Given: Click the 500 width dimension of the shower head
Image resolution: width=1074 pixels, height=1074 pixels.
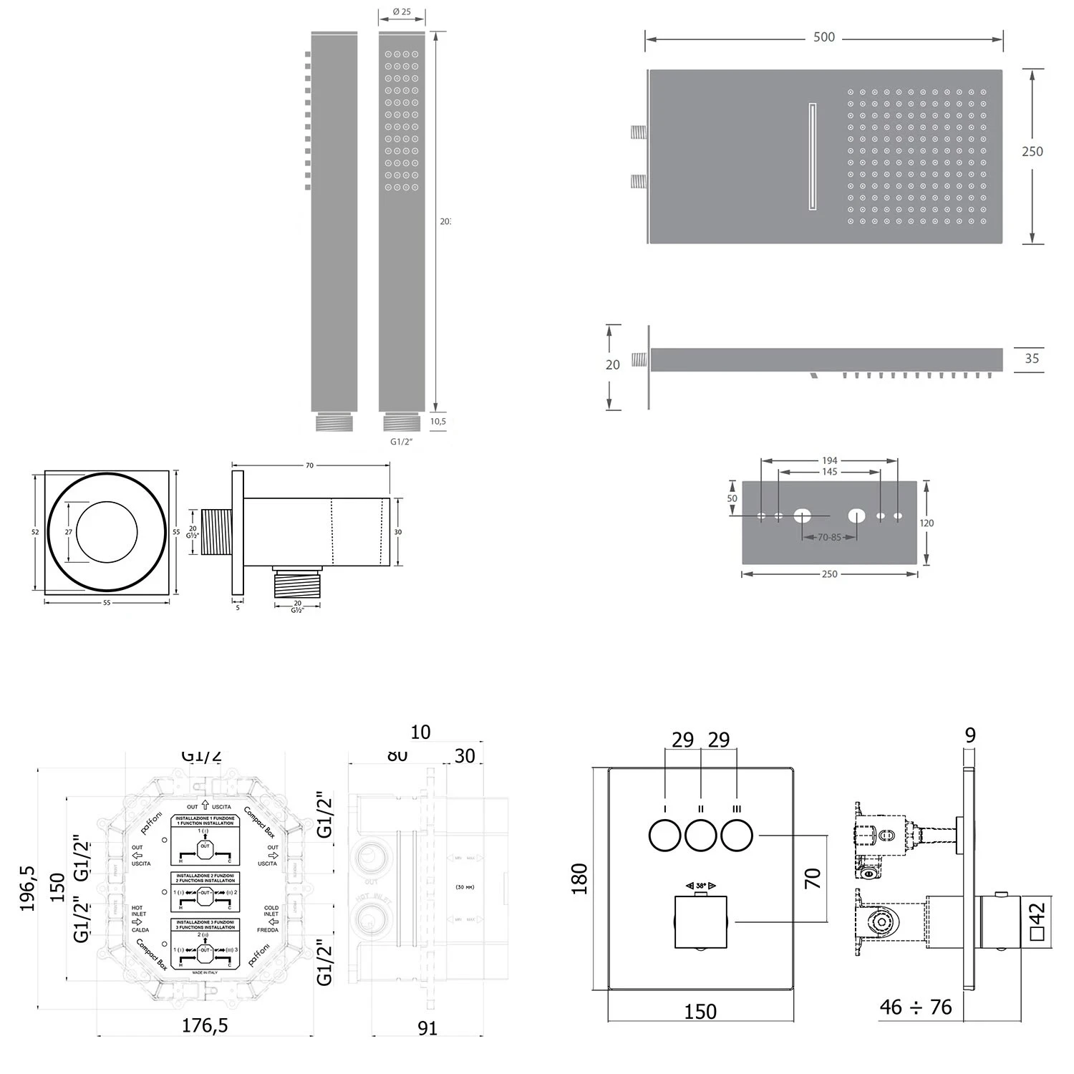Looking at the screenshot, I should coord(823,37).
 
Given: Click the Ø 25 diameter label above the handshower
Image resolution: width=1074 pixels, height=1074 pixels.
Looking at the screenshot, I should coord(402,12).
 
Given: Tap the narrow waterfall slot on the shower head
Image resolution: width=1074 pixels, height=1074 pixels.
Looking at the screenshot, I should coord(812,157).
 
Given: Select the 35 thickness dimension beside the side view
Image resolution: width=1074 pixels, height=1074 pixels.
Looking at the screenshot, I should coord(1031,359).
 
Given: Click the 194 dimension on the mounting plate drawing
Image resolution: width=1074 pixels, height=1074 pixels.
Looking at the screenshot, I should coord(829,460).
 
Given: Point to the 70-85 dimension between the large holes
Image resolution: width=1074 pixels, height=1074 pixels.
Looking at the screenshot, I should coord(829,537).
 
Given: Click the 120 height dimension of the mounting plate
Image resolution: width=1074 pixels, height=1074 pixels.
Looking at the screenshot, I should coord(927,523).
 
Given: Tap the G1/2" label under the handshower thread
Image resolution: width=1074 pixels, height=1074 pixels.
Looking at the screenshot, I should coord(402,442).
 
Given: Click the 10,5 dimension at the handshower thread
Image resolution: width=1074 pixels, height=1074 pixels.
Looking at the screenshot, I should coord(438,422).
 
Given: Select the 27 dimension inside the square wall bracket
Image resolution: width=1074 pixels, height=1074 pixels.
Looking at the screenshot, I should coord(69,532).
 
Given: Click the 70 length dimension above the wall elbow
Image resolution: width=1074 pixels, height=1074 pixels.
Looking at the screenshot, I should coord(309,466).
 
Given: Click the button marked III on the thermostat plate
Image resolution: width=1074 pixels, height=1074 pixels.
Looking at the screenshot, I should coord(737,836).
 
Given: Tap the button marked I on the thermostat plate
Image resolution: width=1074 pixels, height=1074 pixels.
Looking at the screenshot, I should coord(664,836).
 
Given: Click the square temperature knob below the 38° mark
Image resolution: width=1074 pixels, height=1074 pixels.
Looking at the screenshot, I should coord(701,921).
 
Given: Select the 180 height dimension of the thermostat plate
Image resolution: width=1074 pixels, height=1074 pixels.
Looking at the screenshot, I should coord(580,879).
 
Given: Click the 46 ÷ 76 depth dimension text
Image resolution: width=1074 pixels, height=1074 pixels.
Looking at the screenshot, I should coord(915,1007).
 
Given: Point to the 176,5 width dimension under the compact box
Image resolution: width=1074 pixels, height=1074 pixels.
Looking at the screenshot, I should coord(205,1025).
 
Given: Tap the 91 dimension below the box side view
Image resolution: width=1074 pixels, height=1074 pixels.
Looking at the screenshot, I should coord(427,1028).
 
